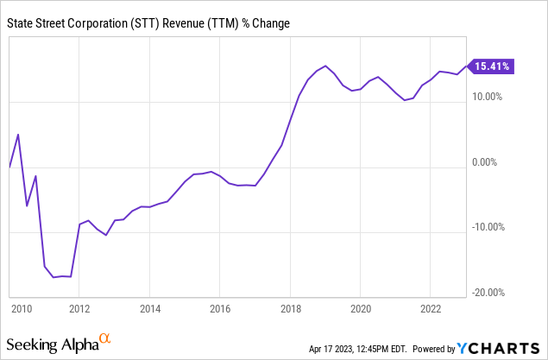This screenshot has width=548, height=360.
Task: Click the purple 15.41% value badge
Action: [x=493, y=65]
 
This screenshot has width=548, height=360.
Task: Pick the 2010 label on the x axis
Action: [x=21, y=308]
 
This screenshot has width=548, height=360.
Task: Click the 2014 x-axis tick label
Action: [x=150, y=308]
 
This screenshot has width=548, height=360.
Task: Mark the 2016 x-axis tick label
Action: [x=220, y=308]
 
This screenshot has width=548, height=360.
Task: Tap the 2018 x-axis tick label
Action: [x=291, y=308]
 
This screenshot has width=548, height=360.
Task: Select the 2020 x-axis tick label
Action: [x=361, y=308]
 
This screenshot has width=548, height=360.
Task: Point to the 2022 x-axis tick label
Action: [x=431, y=308]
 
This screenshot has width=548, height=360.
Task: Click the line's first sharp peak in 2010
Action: [x=18, y=135]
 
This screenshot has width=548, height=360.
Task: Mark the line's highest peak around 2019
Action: [x=325, y=66]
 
